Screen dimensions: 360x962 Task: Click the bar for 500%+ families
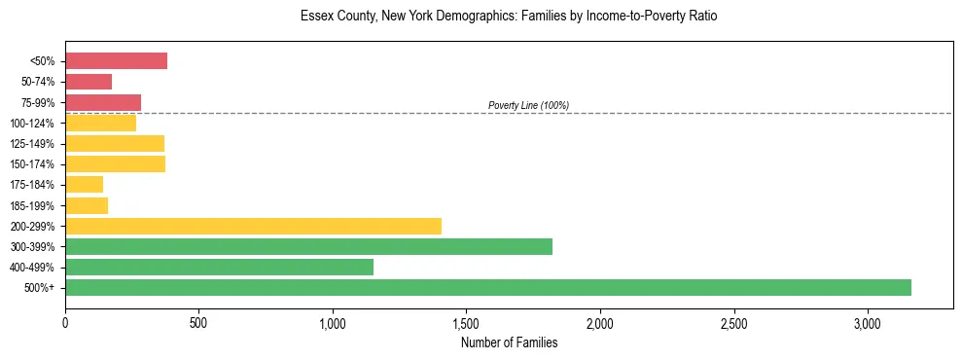(487, 287)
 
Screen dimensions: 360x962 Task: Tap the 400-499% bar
(219, 267)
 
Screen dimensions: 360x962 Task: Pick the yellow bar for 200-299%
(253, 226)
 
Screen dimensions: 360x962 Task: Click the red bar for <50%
(116, 61)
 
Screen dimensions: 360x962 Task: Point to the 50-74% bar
(89, 82)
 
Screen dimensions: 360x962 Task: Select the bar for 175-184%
(84, 185)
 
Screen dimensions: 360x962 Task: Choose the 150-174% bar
(115, 163)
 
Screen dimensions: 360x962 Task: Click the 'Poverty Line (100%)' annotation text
(528, 105)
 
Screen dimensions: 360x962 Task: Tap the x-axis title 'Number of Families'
(509, 342)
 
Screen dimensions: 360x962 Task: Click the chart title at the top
(509, 17)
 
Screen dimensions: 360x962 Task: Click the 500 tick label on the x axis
(198, 323)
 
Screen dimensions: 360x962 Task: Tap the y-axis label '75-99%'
(38, 103)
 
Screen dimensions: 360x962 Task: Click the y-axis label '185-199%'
(35, 206)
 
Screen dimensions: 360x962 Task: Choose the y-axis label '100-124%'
(35, 124)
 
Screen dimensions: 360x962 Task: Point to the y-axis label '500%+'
(40, 288)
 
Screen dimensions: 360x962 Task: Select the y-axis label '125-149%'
(35, 144)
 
